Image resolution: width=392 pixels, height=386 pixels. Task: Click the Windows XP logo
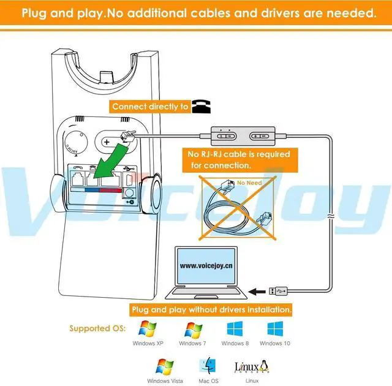click(147, 328)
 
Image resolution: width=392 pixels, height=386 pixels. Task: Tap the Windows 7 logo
click(193, 328)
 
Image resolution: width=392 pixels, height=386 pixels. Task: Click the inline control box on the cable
click(241, 134)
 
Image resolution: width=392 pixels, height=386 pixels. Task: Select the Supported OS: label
click(97, 328)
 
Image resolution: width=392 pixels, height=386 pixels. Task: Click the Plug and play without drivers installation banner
click(210, 309)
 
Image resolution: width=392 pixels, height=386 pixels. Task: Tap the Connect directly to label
click(150, 107)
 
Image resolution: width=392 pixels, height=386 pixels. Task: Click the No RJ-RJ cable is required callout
click(238, 159)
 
